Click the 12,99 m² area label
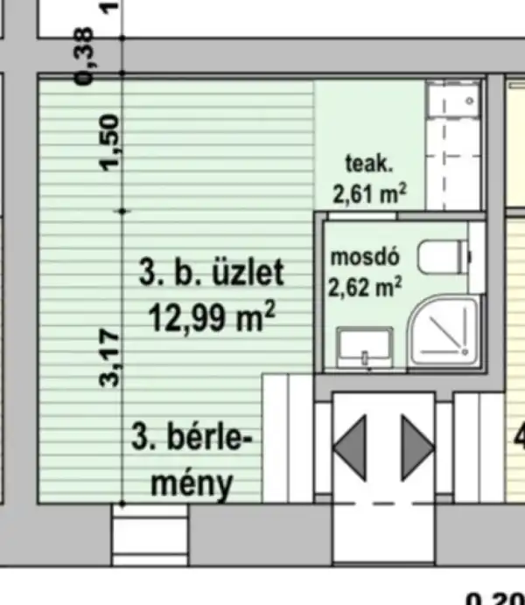pos(213,315)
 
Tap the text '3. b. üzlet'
pos(212,274)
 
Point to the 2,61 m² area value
pos(369,192)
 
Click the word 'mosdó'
pos(365,258)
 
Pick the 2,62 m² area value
pos(365,285)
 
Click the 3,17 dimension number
pos(112,356)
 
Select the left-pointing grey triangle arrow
pos(349,448)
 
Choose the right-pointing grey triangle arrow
pos(417,448)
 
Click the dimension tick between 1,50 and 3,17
pos(122,212)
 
